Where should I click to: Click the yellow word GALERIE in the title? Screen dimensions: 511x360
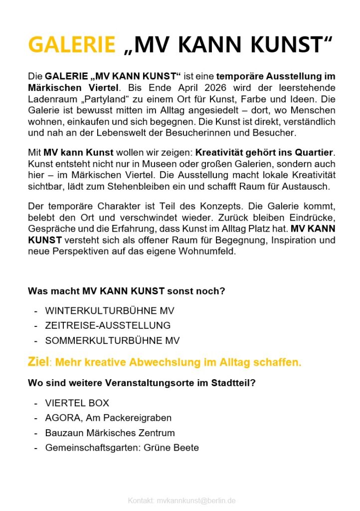(x=71, y=45)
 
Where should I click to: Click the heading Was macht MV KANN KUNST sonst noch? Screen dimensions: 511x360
(x=127, y=291)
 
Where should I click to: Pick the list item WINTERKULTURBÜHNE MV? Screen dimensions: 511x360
(x=110, y=311)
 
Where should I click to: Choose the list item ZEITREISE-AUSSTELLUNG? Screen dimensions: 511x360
(x=108, y=326)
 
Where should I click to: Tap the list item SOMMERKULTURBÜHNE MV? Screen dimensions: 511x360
(x=112, y=341)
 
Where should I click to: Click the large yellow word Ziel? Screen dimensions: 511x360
(x=38, y=362)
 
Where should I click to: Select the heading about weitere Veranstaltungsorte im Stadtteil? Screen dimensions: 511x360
(x=142, y=383)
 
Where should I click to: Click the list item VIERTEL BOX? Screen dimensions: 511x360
(x=77, y=403)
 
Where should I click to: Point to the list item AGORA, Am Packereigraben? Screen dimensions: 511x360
(x=108, y=418)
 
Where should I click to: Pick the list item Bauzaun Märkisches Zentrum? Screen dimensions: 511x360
(x=110, y=433)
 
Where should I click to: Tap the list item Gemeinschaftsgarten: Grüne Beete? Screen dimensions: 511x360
(x=122, y=448)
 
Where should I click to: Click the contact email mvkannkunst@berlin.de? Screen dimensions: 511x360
(x=196, y=500)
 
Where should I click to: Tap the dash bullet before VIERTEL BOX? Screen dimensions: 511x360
(x=35, y=403)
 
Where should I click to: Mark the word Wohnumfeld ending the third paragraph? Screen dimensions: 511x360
(x=207, y=253)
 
